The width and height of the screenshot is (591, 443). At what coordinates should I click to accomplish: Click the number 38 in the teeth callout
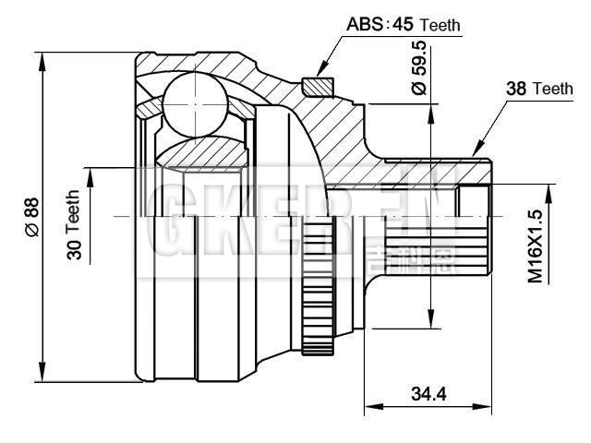517,89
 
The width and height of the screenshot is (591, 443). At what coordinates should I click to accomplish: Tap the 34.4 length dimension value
428,394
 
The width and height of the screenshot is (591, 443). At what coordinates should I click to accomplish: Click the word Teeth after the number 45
440,26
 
